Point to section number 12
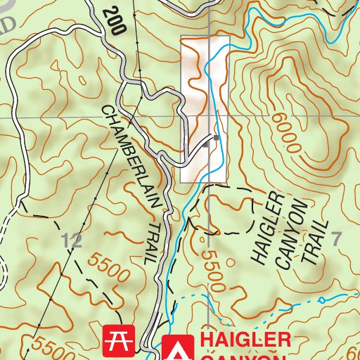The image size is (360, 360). click(x=71, y=240)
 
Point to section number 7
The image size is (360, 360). click(x=336, y=238)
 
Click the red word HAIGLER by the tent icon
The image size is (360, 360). click(x=245, y=340)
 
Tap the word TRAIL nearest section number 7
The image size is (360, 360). click(x=314, y=241)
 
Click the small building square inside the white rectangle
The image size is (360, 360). click(x=217, y=138)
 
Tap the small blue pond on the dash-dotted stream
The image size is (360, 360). click(x=322, y=300)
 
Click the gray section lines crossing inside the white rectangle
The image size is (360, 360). click(x=209, y=116)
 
